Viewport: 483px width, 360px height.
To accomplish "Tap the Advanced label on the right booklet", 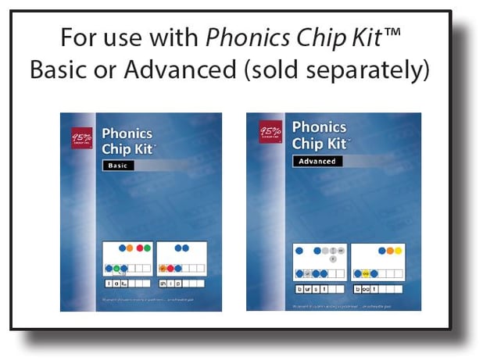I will (317, 162).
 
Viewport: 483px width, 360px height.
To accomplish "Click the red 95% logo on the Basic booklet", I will (80, 136).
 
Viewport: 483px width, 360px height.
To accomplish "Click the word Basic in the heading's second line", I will (60, 70).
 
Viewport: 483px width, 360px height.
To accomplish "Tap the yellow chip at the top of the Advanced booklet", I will (397, 251).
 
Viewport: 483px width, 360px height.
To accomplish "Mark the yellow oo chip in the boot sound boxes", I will (366, 274).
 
